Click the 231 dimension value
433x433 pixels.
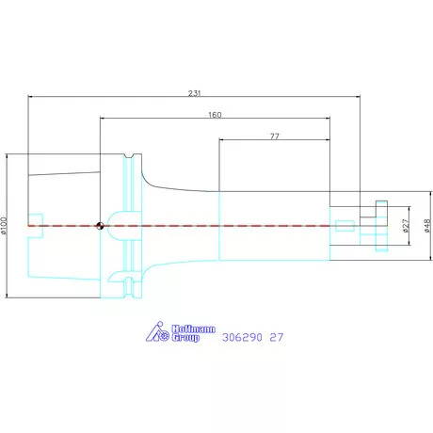194,93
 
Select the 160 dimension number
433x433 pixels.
215,115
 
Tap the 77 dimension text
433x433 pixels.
275,136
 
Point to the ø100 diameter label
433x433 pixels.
4,226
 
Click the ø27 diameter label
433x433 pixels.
406,226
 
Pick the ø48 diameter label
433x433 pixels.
427,226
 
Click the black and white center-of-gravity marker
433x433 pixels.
100,226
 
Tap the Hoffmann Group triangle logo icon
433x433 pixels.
157,331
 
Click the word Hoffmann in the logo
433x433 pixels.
194,329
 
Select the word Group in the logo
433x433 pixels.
185,338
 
